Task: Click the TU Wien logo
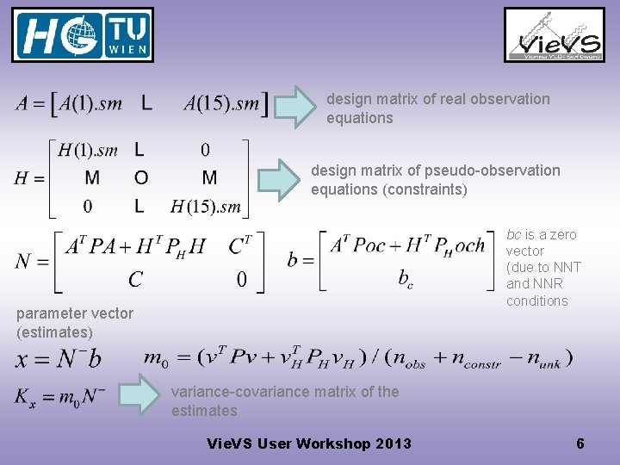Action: click(x=83, y=35)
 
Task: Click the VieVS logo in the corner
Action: click(x=554, y=35)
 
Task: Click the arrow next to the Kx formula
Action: click(x=139, y=395)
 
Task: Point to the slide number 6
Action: click(x=580, y=444)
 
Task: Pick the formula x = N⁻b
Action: click(x=59, y=357)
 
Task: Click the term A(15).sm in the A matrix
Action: click(x=221, y=104)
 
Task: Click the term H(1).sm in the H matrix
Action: click(x=88, y=151)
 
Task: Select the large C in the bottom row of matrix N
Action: click(x=136, y=279)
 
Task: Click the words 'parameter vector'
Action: click(x=74, y=313)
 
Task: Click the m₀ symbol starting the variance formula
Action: click(x=156, y=358)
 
